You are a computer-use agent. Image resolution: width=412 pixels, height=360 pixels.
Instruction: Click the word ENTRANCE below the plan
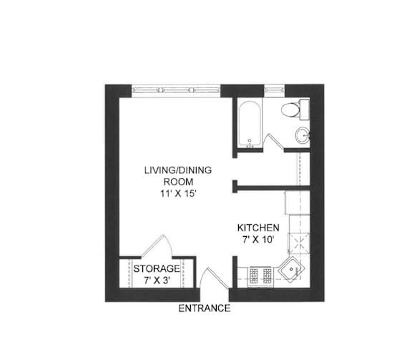tap(205, 308)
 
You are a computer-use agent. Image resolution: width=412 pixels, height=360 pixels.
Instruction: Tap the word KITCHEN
tap(258, 228)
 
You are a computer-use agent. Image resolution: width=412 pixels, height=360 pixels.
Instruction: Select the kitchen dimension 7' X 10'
tap(258, 240)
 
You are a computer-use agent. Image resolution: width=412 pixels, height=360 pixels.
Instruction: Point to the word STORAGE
tap(157, 269)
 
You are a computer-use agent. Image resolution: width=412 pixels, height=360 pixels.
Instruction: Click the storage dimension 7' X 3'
tap(157, 281)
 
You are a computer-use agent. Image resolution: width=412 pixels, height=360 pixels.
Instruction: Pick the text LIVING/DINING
tap(178, 170)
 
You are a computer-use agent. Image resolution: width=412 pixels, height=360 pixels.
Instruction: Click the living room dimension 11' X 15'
tap(178, 194)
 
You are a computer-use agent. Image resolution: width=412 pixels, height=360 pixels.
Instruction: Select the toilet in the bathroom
tap(295, 110)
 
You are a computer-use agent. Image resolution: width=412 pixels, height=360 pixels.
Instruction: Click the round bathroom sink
tap(302, 135)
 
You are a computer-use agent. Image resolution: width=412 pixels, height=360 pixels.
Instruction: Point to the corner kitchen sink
tap(291, 269)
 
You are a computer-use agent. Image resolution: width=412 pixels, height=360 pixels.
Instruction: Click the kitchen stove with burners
tap(260, 278)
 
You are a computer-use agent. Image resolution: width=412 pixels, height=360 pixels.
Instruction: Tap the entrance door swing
tap(213, 278)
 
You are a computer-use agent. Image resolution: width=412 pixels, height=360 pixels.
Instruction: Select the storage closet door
tap(157, 245)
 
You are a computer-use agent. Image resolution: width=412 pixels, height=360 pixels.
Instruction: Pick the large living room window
tap(176, 90)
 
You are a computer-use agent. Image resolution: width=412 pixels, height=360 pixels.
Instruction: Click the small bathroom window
tap(275, 90)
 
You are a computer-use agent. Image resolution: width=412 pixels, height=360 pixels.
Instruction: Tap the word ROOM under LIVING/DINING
tap(178, 182)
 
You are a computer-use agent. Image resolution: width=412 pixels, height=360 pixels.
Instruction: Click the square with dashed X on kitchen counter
tap(298, 243)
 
